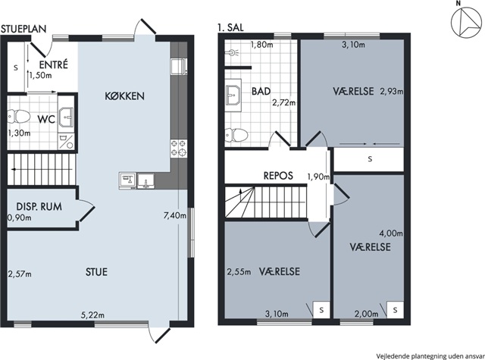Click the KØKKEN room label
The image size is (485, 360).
coord(124,96)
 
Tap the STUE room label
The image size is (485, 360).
coord(96,272)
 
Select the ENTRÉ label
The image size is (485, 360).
coord(54,64)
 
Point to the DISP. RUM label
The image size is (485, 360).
coord(39,206)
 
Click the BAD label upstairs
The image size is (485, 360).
coord(261,91)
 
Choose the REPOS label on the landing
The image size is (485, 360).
coord(278,176)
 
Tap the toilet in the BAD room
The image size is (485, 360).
coord(236,135)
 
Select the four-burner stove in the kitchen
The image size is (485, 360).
coord(179,148)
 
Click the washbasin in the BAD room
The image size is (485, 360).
coord(233,95)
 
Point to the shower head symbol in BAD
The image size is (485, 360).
coord(233,52)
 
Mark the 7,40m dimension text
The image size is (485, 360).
coord(175,215)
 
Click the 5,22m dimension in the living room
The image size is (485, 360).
coord(92,315)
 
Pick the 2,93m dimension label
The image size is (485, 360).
coord(392,91)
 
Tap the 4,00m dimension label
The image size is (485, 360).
coord(391,233)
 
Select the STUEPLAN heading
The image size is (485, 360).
coord(23,29)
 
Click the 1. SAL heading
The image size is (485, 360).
coord(230,27)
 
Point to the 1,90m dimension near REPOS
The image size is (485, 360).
coord(318,177)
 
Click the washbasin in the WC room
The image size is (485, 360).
coord(66,117)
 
